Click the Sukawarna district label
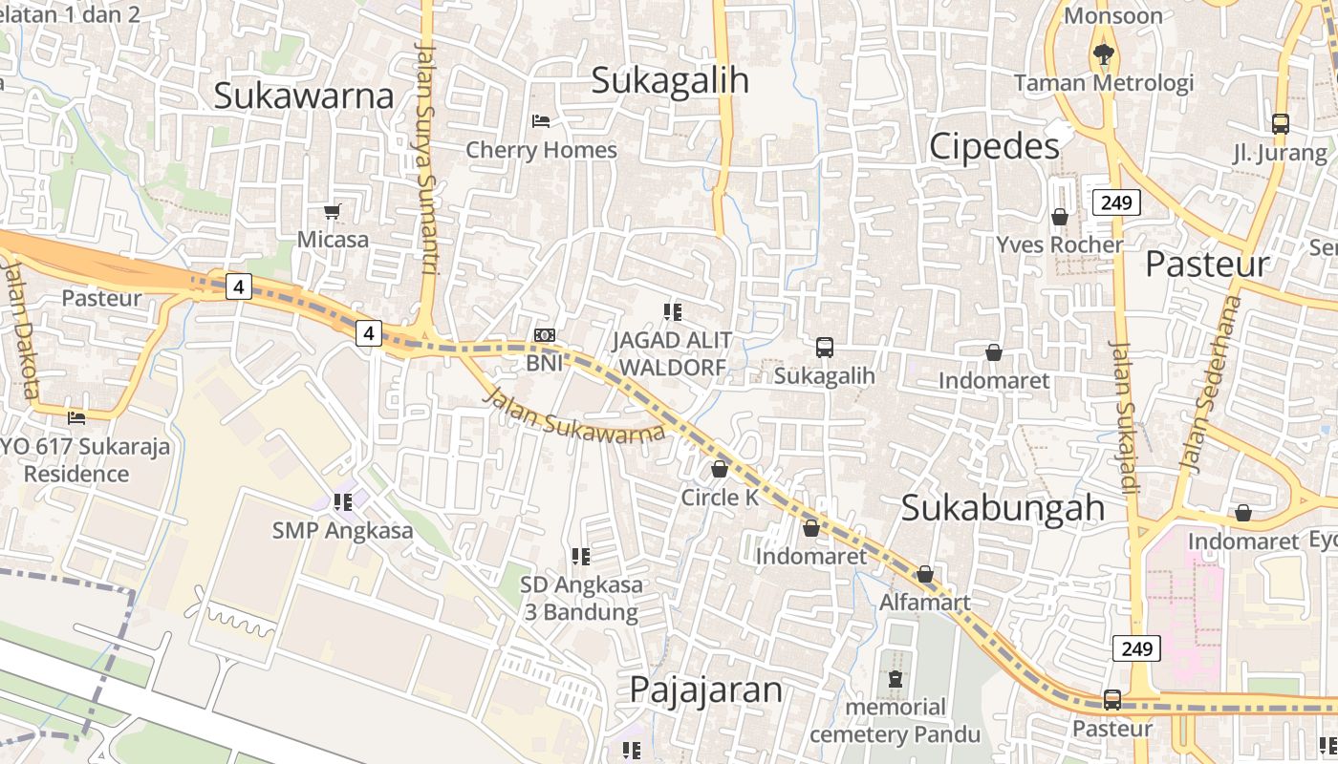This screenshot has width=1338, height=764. click(x=303, y=95)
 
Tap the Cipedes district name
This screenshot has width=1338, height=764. click(x=994, y=146)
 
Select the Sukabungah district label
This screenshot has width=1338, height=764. click(x=1003, y=507)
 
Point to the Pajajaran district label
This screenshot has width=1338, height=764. click(x=705, y=690)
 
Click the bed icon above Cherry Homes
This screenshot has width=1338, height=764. click(x=541, y=121)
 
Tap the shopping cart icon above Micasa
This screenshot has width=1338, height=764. click(x=332, y=211)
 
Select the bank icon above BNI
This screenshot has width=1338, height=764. click(x=545, y=334)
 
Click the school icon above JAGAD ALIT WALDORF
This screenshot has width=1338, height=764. click(x=673, y=311)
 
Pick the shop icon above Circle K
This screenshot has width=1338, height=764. click(x=720, y=469)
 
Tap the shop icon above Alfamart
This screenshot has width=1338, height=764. click(x=924, y=574)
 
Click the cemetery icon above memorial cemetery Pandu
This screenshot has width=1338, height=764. click(x=895, y=679)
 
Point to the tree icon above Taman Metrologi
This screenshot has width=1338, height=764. click(x=1104, y=53)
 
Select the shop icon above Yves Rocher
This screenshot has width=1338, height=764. click(x=1059, y=217)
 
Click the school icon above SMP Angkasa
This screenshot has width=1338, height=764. click(x=343, y=501)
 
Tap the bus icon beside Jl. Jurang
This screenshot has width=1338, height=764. click(x=1281, y=124)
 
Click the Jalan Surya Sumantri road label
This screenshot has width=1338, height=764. click(x=426, y=158)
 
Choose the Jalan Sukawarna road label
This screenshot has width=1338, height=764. click(x=574, y=414)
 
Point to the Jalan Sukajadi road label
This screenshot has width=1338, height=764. click(x=1124, y=415)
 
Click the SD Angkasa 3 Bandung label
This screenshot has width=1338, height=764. click(x=581, y=598)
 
